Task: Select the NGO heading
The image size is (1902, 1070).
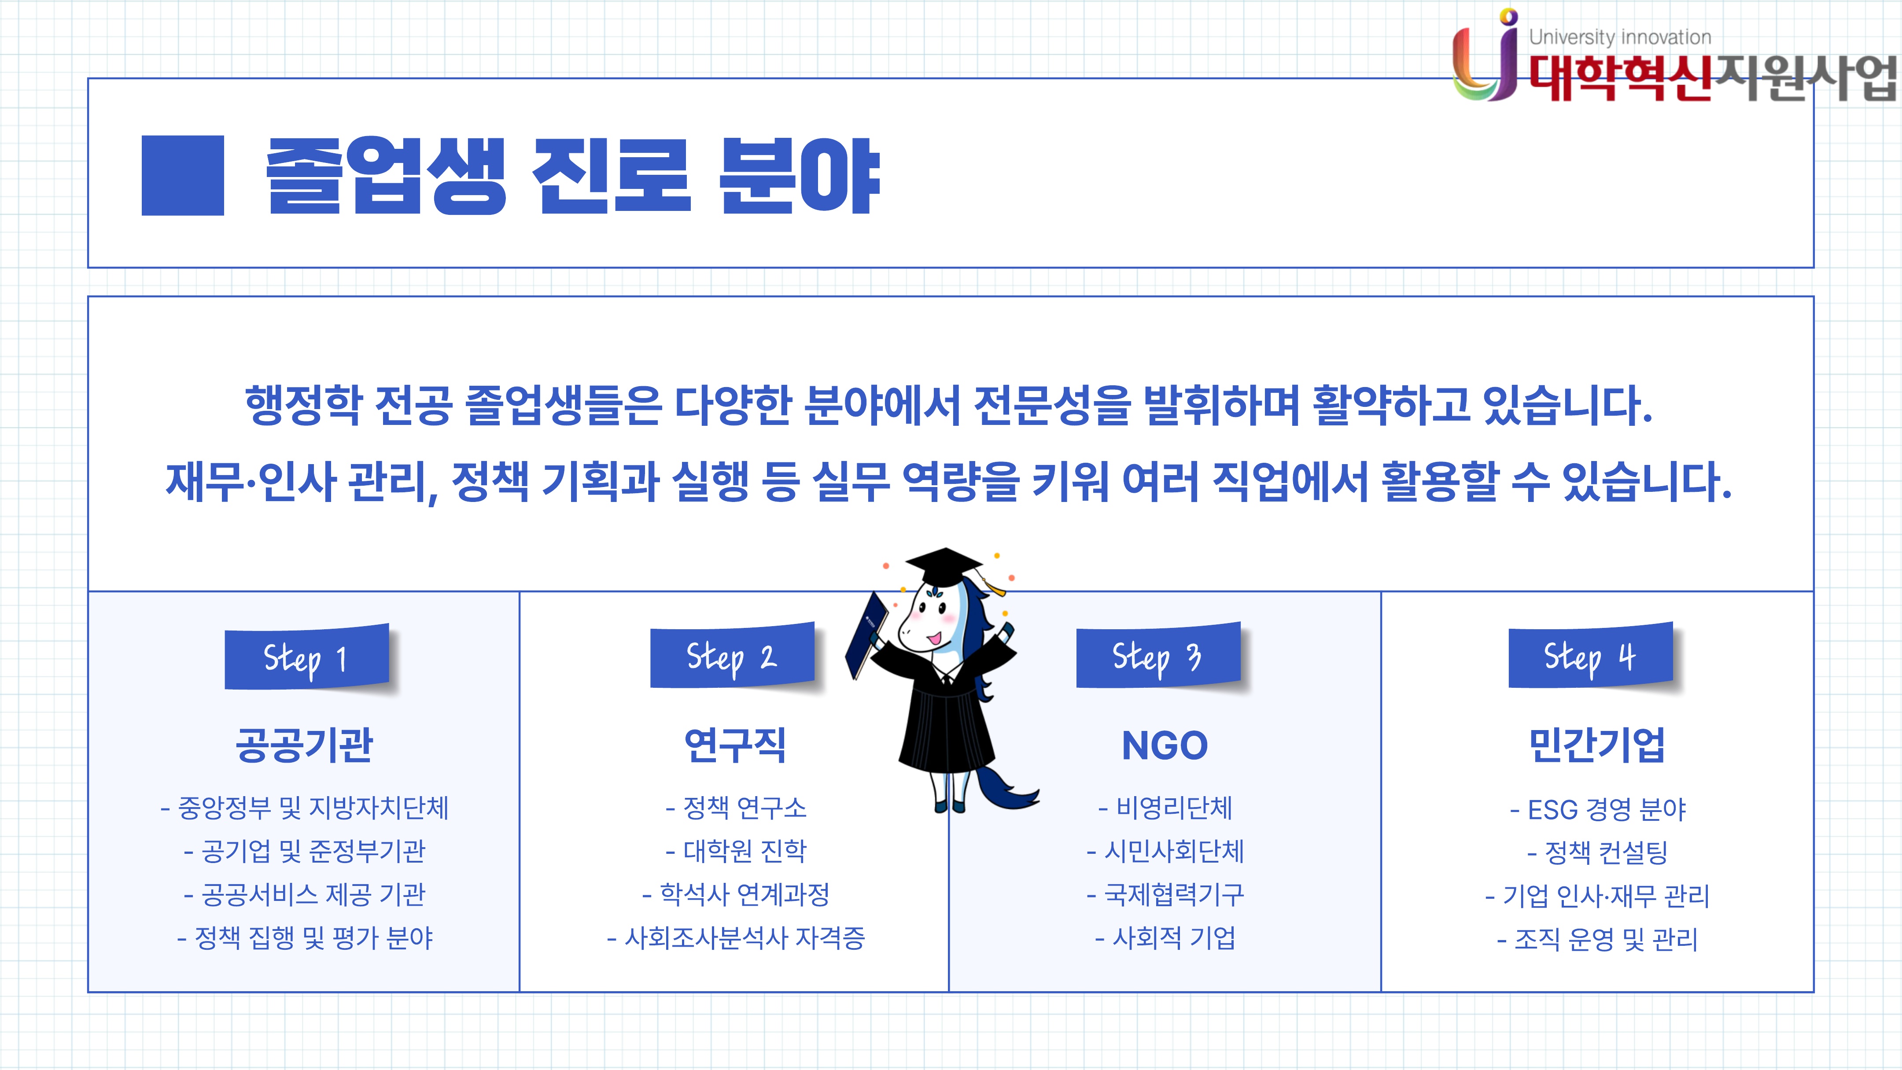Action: (1165, 745)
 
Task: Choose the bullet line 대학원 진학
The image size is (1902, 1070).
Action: (736, 852)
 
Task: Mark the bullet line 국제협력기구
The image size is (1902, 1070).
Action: (1165, 895)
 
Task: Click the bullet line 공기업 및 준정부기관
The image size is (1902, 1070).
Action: (304, 852)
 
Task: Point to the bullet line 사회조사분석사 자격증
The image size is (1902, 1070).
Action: (735, 938)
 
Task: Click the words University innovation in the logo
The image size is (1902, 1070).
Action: (1620, 37)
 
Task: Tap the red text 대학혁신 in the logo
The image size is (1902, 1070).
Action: (1620, 78)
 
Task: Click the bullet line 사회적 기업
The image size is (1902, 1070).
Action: (1165, 938)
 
